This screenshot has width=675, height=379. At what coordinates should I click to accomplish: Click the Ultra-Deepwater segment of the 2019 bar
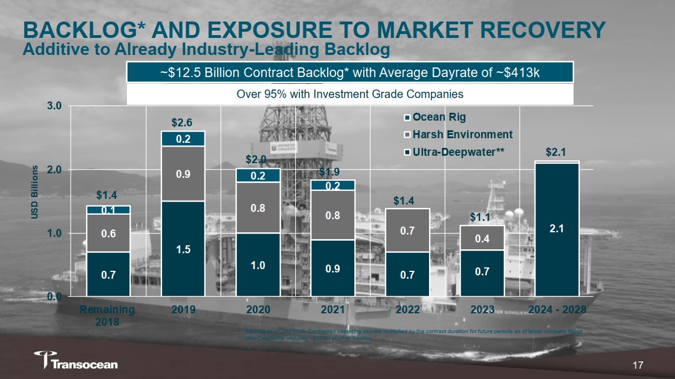183,249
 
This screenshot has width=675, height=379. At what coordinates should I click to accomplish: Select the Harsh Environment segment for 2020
258,207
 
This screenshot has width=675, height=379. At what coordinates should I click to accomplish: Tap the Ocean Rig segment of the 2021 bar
333,185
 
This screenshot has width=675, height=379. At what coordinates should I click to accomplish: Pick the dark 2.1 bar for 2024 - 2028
557,229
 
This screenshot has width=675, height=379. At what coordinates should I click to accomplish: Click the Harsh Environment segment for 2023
482,238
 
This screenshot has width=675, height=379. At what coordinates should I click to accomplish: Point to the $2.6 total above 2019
182,122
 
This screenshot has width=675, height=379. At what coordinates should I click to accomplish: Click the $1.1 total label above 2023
482,217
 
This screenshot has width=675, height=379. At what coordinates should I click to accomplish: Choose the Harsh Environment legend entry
459,135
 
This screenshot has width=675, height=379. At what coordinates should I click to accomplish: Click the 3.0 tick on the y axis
54,106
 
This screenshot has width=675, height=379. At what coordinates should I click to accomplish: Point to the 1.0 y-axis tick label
54,233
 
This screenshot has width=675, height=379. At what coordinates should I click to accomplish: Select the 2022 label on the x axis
407,310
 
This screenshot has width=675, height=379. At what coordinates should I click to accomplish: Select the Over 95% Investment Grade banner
350,94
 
